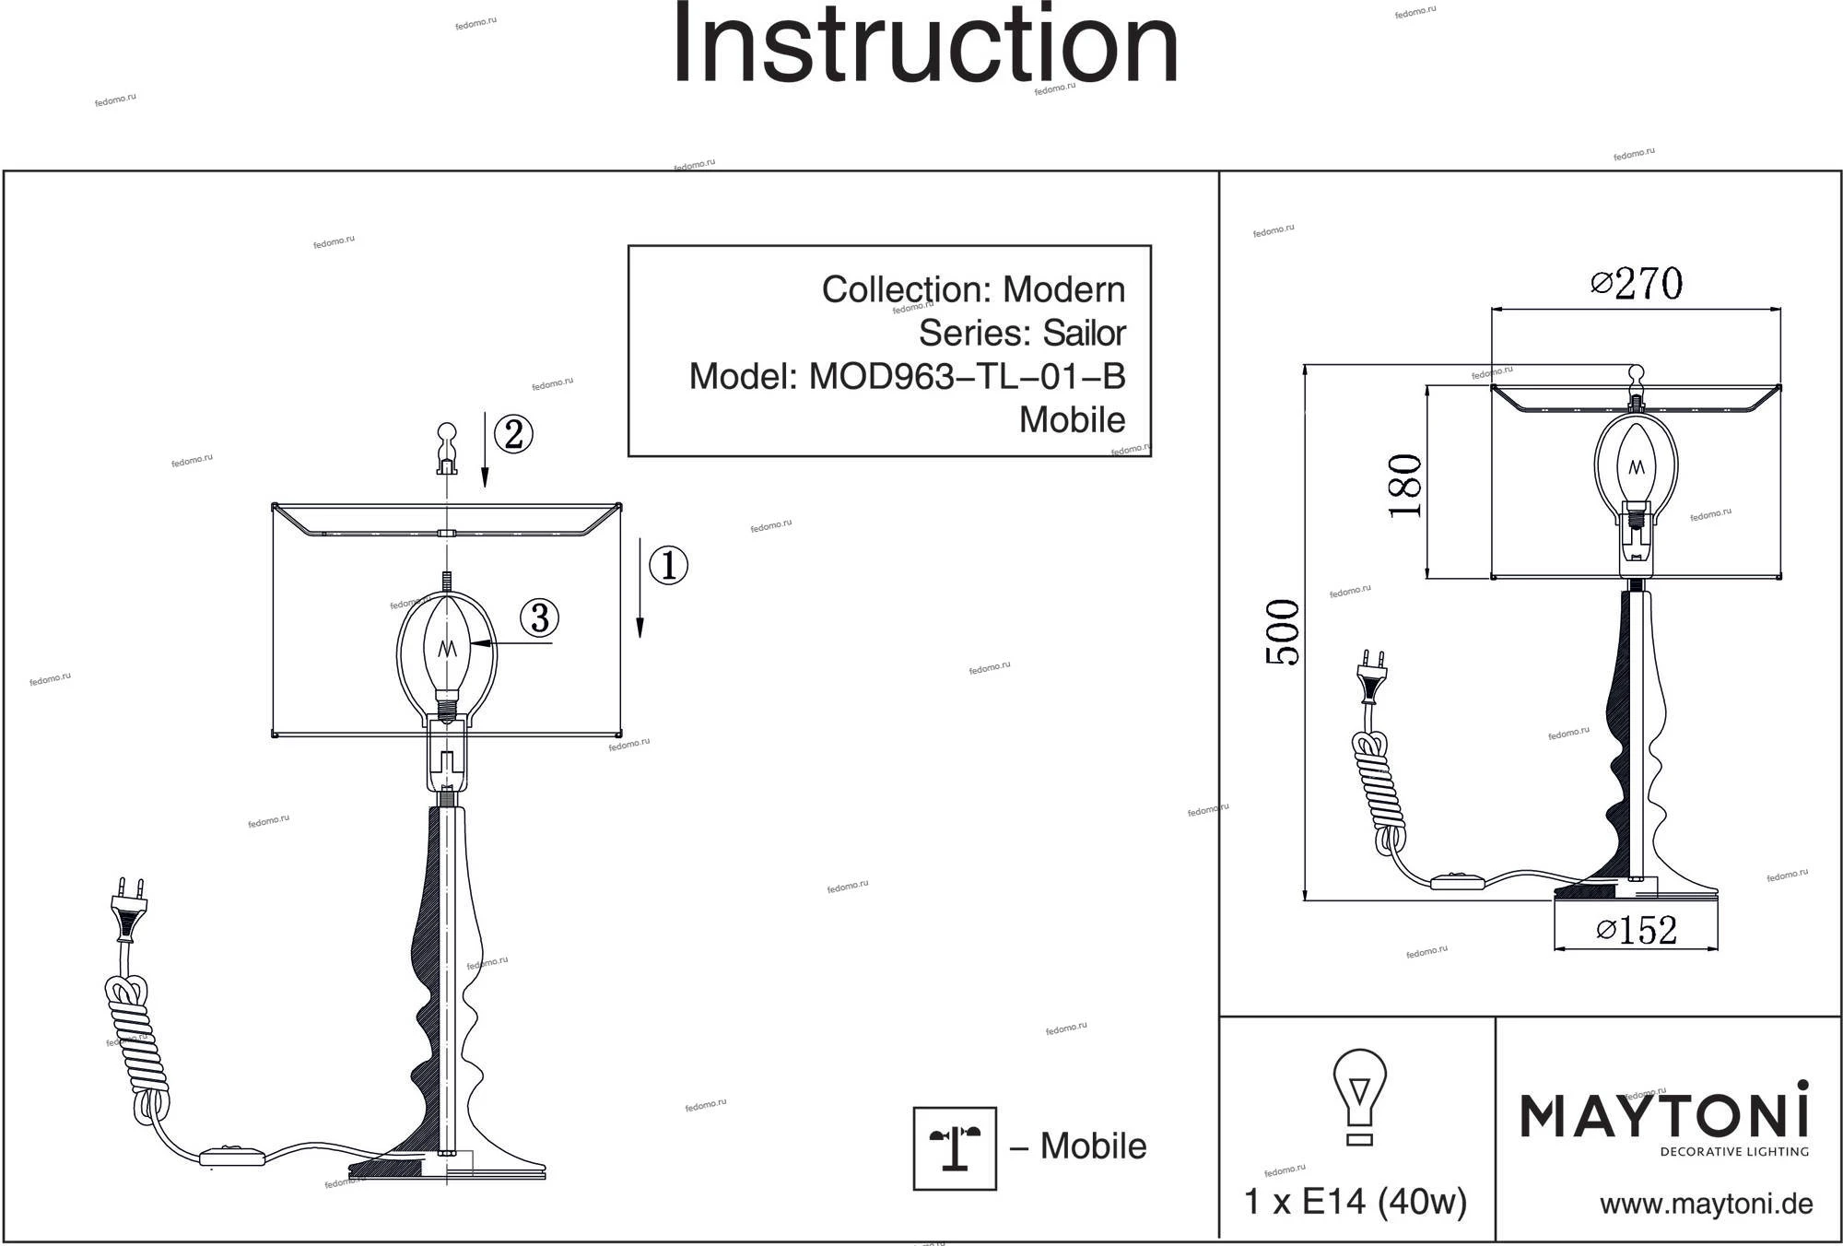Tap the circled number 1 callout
[668, 565]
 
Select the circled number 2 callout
[513, 434]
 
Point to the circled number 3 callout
[539, 617]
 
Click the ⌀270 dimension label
[1637, 284]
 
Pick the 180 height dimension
[1406, 486]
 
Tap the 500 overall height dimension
[1284, 632]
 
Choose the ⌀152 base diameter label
[1636, 930]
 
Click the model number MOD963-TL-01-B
[967, 376]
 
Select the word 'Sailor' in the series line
[1084, 333]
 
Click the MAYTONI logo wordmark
[1663, 1115]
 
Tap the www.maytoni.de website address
[1706, 1204]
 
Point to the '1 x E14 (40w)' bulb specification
[1356, 1202]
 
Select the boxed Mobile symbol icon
[955, 1148]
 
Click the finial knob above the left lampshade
[446, 447]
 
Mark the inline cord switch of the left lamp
[232, 1156]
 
